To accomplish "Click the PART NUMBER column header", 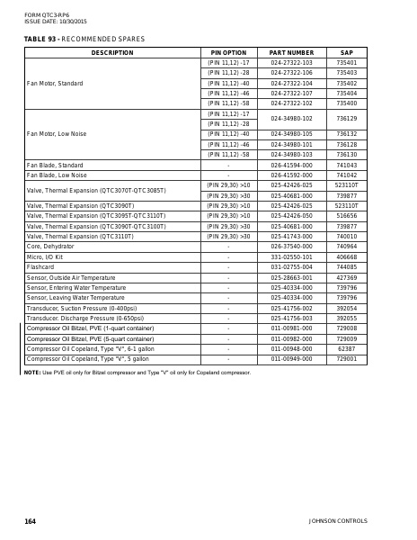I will (x=291, y=53).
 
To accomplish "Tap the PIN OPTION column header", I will (x=228, y=53).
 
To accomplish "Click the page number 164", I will (x=30, y=521).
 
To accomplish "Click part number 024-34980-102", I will (x=291, y=118).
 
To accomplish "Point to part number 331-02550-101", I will (x=291, y=257).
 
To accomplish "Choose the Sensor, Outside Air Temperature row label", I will (x=71, y=277).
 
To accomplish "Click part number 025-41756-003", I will (x=291, y=318).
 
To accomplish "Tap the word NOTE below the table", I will (x=32, y=371).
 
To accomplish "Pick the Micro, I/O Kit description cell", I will (x=46, y=257).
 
